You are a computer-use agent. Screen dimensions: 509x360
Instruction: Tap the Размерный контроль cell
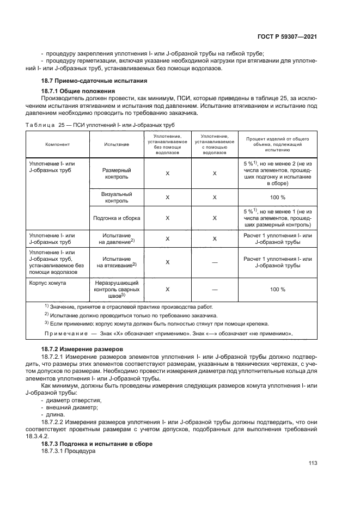(116, 173)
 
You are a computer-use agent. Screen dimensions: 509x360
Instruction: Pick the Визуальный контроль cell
(116, 197)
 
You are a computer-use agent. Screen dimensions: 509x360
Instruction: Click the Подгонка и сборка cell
(116, 218)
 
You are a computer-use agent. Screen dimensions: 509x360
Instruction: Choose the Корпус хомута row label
(47, 283)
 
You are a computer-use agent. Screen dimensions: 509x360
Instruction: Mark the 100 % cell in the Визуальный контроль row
(277, 197)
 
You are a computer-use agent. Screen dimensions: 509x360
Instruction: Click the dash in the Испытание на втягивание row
(215, 262)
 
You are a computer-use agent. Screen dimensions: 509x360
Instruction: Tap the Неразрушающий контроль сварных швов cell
(116, 290)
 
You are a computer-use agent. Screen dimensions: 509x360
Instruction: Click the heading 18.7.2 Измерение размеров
(82, 348)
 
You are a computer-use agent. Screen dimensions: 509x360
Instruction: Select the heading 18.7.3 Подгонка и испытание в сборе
(97, 444)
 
